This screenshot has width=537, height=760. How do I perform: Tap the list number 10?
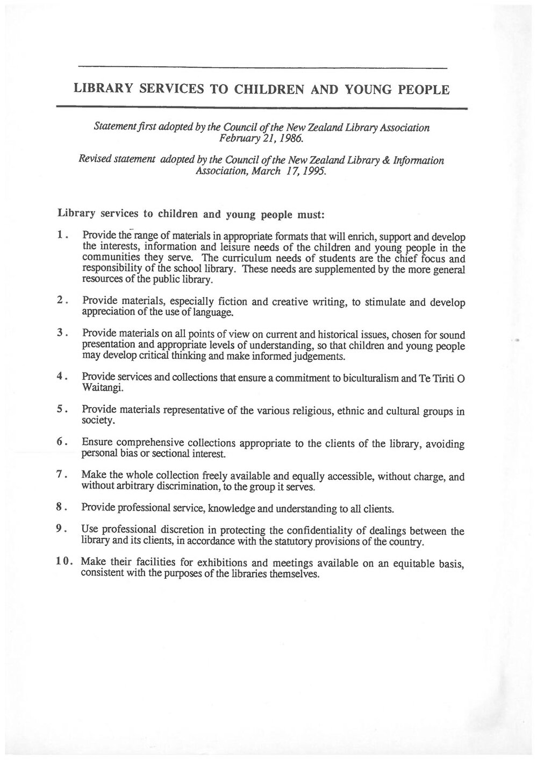pyautogui.click(x=64, y=562)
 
